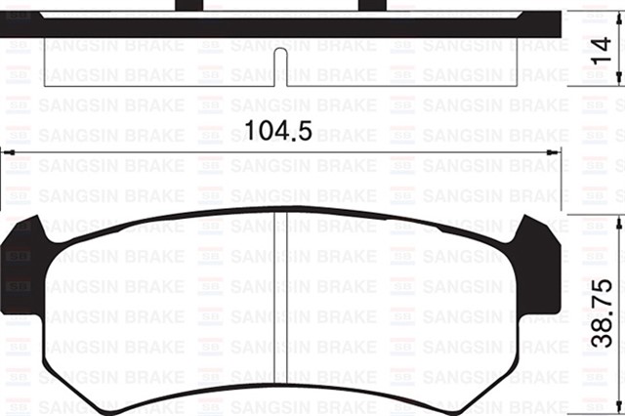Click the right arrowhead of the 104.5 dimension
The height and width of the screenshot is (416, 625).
click(555, 153)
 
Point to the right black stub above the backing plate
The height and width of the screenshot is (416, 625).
click(371, 6)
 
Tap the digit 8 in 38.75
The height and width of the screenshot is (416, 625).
click(606, 326)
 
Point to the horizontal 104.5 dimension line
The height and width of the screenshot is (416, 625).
click(391, 153)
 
